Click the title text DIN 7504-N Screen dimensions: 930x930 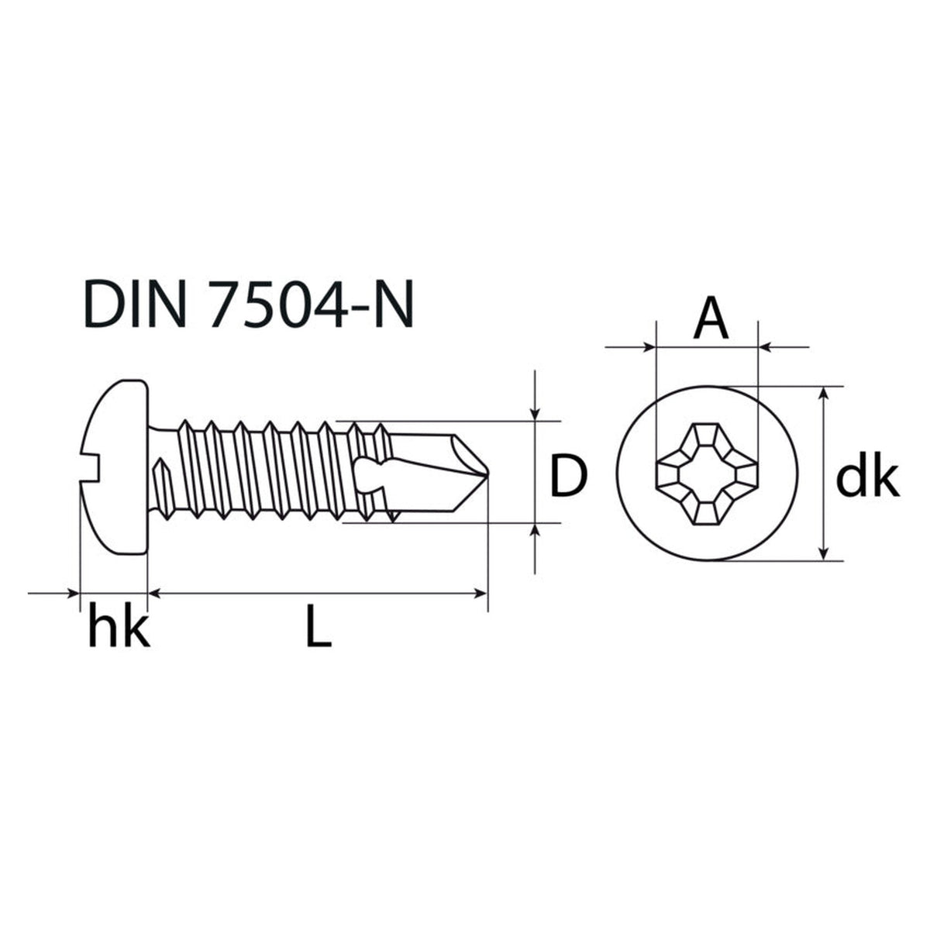point(248,304)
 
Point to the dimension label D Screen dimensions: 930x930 point(569,474)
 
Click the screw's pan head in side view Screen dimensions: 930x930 point(114,467)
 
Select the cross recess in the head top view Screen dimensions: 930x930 point(707,474)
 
